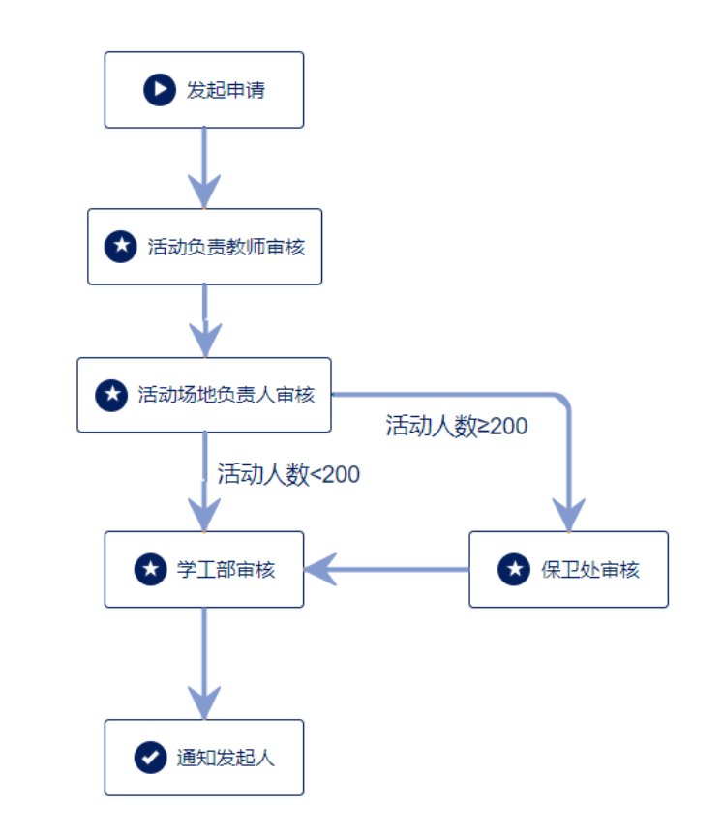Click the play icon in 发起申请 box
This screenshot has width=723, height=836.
[x=158, y=90]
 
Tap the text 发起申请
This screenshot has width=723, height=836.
[x=226, y=90]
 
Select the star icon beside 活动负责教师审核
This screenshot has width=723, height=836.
[x=120, y=247]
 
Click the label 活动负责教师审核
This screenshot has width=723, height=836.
[x=226, y=247]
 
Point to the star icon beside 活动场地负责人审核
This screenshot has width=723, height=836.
[x=110, y=395]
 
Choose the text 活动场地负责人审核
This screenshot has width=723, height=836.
[x=226, y=395]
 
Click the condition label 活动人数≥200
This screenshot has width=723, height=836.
[x=457, y=426]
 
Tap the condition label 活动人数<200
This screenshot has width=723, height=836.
[x=288, y=474]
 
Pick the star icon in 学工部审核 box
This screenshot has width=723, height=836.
[x=149, y=569]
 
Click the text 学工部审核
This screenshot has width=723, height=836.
[x=226, y=569]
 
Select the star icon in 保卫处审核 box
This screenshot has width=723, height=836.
[x=514, y=569]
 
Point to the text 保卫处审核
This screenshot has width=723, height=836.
[x=590, y=569]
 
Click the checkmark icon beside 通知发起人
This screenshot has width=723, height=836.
[x=149, y=757]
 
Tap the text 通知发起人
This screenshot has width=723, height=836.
[x=226, y=757]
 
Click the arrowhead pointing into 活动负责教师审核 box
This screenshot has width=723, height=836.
[x=204, y=191]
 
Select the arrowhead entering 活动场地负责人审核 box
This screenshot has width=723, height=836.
[x=204, y=340]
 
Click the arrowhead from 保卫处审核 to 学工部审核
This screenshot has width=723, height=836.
[x=321, y=569]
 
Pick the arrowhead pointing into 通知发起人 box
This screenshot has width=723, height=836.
[x=204, y=702]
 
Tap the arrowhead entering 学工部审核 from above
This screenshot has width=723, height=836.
[x=204, y=514]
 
